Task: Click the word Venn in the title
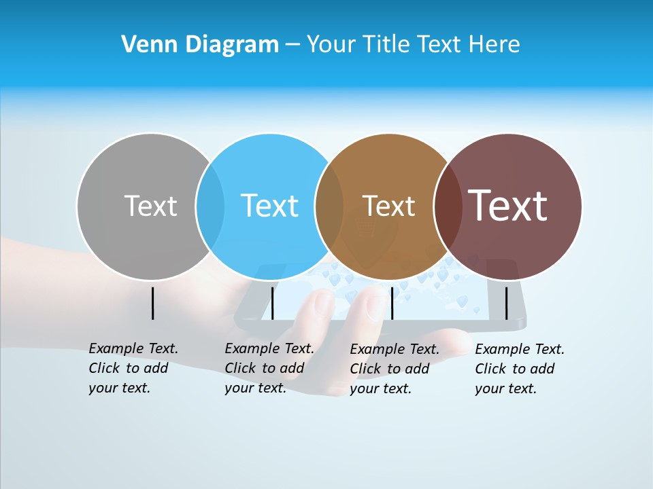(144, 45)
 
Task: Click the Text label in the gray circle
(150, 206)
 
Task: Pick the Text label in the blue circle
(269, 206)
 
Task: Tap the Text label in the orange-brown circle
(388, 206)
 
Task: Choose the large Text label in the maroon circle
(507, 206)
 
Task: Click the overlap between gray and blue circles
(210, 206)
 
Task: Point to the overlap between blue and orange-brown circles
(329, 206)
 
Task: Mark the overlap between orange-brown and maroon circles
(448, 206)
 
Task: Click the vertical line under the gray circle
(152, 303)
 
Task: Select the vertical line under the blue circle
(272, 303)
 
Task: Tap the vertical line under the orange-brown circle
(392, 303)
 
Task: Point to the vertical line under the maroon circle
(506, 303)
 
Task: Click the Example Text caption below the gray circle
(133, 368)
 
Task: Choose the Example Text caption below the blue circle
(269, 368)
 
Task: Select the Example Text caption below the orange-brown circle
(394, 369)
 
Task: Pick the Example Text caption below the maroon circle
(519, 369)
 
